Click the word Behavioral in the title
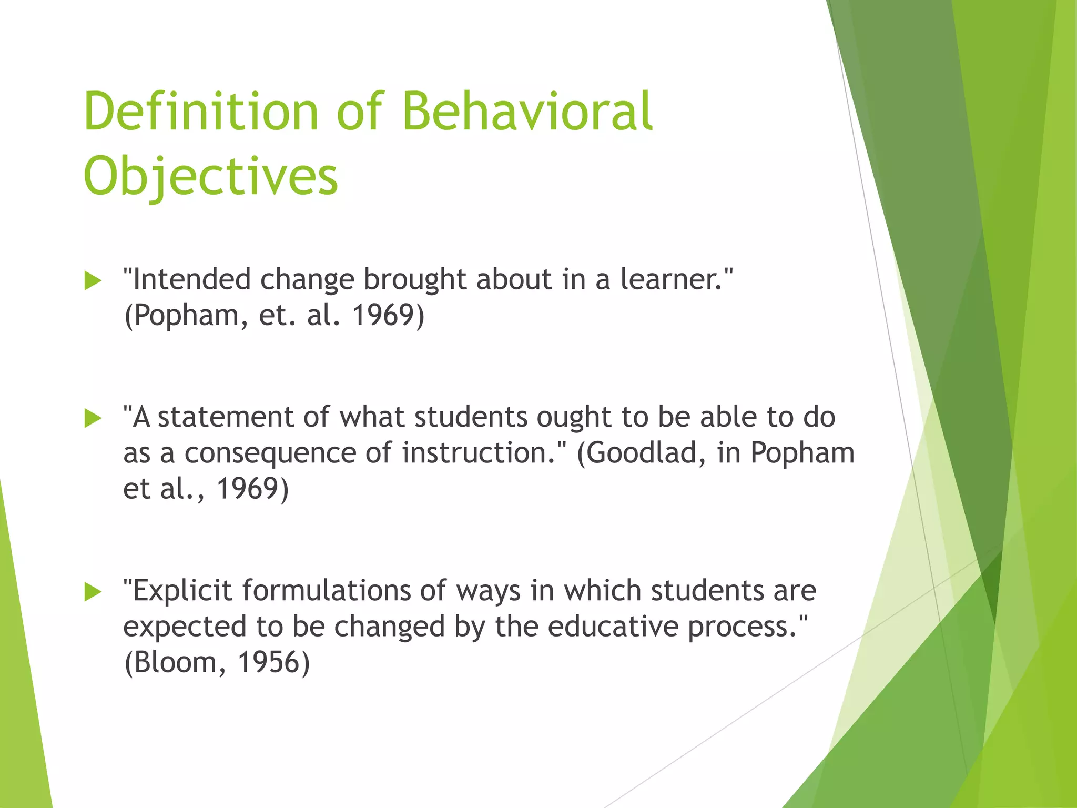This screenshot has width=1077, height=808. point(527,112)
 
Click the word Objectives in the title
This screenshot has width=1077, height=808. point(210,176)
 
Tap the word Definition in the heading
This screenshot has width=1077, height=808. point(201,112)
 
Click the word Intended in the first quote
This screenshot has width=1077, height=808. point(191,279)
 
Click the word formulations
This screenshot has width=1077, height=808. point(326,590)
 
